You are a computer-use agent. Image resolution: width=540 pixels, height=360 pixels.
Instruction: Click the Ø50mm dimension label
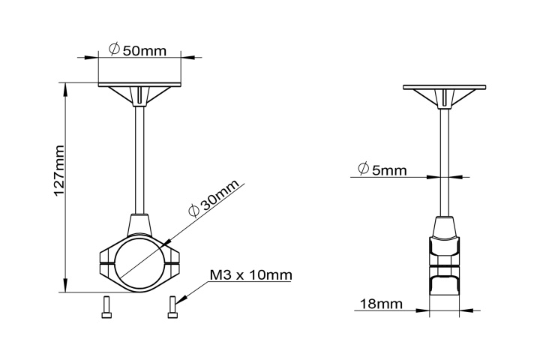tap(137, 50)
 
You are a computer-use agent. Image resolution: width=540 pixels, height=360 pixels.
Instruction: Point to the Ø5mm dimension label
tap(382, 170)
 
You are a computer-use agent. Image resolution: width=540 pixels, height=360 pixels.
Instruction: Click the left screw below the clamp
tap(105, 306)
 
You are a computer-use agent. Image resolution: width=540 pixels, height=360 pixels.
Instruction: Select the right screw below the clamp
tap(172, 306)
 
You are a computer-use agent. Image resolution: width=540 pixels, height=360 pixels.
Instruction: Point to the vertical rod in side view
tap(445, 157)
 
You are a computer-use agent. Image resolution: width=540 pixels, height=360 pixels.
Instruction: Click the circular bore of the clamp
tap(140, 263)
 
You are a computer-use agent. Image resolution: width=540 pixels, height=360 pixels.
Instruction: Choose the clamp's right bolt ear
tap(175, 264)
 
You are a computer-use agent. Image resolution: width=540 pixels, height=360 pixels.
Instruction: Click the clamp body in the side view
tap(445, 262)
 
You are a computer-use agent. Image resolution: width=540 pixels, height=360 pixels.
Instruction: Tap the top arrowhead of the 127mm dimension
tap(66, 88)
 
